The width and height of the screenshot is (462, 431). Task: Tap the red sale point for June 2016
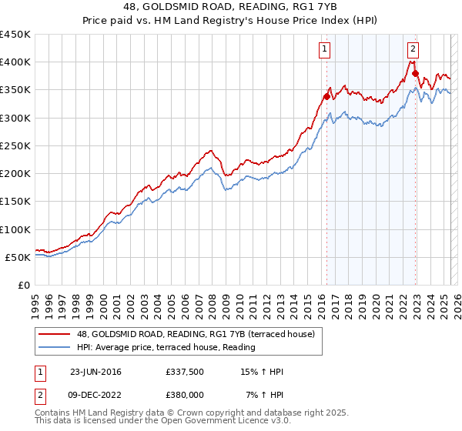[326, 97]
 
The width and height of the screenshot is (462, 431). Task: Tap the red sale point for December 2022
[415, 74]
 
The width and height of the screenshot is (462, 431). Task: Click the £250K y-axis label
[15, 145]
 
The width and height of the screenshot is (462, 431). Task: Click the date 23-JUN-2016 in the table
[96, 373]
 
